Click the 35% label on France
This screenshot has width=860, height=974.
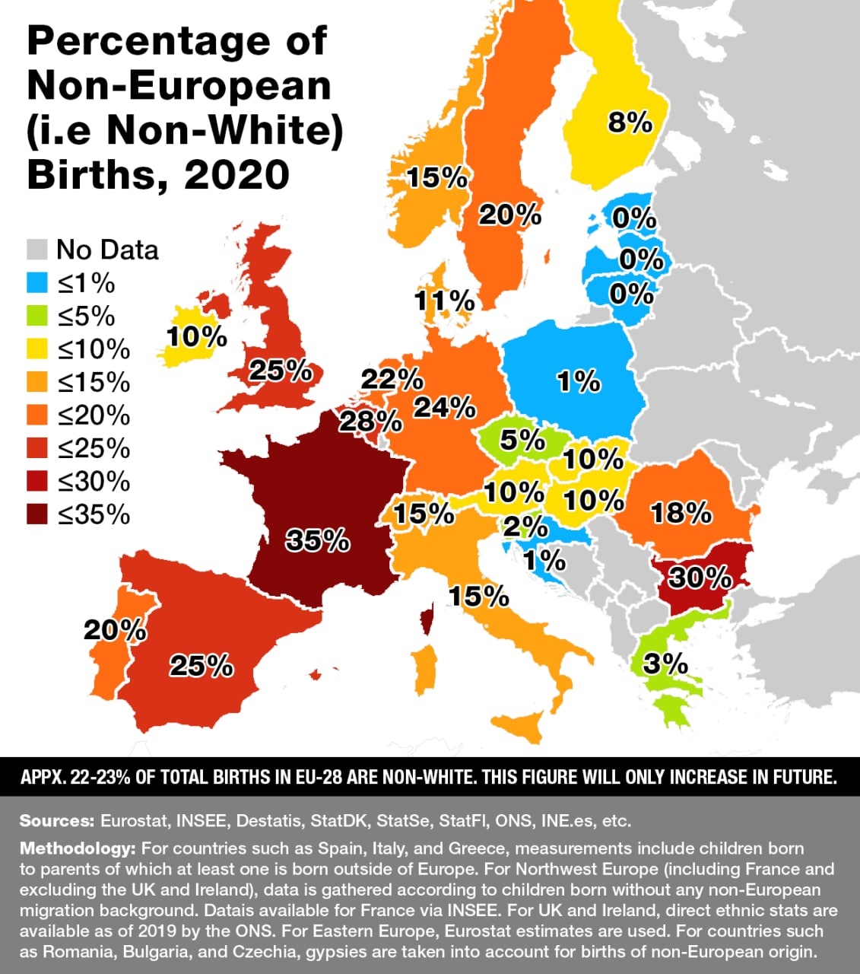click(318, 540)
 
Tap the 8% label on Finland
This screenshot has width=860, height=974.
click(630, 122)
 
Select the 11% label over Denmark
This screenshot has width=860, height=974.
click(444, 301)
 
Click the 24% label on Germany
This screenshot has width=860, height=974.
click(444, 408)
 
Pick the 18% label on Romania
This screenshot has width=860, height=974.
click(681, 514)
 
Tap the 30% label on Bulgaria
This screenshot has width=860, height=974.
click(700, 578)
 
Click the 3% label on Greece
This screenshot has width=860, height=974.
click(665, 664)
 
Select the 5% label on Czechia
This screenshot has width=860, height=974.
click(522, 440)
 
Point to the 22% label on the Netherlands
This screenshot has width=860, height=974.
click(392, 379)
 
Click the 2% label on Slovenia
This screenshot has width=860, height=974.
click(525, 527)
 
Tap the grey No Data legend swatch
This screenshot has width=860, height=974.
click(37, 250)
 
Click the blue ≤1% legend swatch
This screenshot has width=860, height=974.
click(37, 283)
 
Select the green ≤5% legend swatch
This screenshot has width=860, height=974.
click(37, 316)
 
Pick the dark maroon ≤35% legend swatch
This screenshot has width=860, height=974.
click(37, 514)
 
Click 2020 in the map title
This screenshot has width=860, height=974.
click(236, 175)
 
